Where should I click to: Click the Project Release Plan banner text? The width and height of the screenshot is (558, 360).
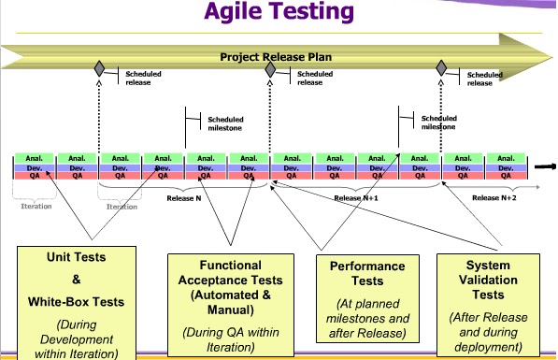click(276, 57)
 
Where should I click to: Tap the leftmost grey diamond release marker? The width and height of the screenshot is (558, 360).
click(99, 69)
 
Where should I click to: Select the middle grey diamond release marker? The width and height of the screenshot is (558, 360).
click(270, 69)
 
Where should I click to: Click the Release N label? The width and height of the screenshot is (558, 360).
click(183, 198)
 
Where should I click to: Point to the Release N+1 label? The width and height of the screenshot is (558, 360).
click(354, 198)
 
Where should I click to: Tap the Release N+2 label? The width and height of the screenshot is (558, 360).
click(493, 198)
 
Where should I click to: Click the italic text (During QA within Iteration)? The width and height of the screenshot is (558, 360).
click(222, 339)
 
